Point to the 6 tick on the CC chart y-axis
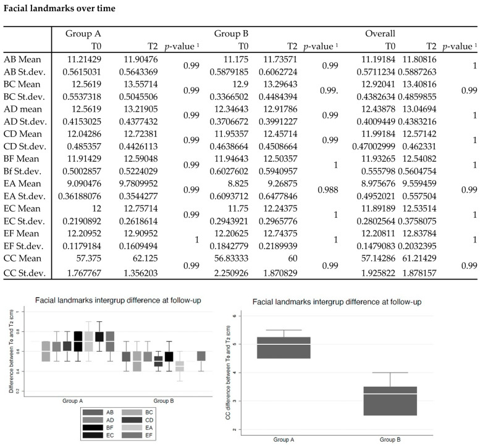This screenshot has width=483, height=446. (250, 316)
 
